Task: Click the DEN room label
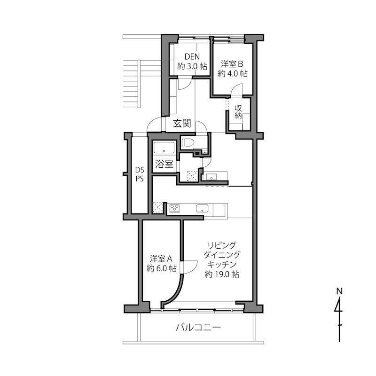[x=192, y=56]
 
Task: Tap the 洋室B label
[x=232, y=64]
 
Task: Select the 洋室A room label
[x=161, y=259]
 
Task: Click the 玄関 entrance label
[x=182, y=124]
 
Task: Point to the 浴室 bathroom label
[x=164, y=164]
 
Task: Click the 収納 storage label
[x=238, y=112]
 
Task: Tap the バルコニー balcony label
[x=198, y=327]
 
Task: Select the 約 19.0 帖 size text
[x=222, y=274]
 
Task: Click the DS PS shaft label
[x=140, y=174]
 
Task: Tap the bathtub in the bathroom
[x=164, y=148]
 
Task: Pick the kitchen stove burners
[x=174, y=208]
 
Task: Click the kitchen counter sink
[x=203, y=208]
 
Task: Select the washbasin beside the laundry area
[x=211, y=177]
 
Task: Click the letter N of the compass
[x=339, y=291]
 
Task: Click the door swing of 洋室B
[x=237, y=89]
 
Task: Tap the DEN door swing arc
[x=185, y=84]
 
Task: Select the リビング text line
[x=221, y=245]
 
